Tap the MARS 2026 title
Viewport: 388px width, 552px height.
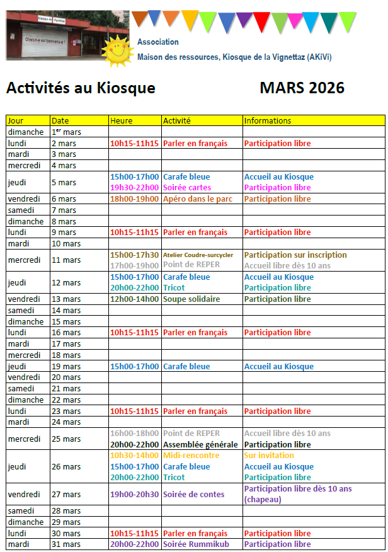(302, 88)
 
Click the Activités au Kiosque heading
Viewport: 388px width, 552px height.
(81, 88)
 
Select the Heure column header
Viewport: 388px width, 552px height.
(122, 120)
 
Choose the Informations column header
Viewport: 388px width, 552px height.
(268, 120)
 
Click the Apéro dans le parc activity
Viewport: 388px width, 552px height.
(198, 199)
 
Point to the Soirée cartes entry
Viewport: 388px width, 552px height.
(187, 188)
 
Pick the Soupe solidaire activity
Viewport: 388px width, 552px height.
(191, 299)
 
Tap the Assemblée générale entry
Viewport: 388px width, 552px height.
(200, 445)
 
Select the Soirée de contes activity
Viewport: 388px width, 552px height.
(194, 495)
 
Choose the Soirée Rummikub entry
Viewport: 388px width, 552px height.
(196, 544)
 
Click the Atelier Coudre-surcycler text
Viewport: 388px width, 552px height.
(198, 255)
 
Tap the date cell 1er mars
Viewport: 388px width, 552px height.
(66, 132)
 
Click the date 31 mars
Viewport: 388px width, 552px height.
(66, 544)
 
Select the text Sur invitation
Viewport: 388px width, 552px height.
(269, 456)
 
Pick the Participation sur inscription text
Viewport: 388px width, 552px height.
(295, 255)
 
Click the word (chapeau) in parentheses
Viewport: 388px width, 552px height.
(263, 500)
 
